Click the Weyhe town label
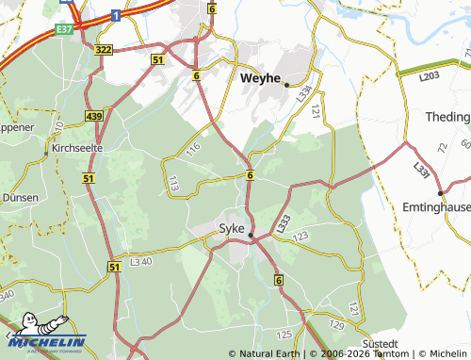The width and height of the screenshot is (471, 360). (x=262, y=78)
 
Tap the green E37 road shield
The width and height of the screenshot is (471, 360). (x=64, y=29)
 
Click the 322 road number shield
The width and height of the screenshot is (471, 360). (x=103, y=49)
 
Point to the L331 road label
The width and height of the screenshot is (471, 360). (x=420, y=170)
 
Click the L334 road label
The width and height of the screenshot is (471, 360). (x=303, y=93)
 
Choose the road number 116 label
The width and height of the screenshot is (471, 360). (x=193, y=147)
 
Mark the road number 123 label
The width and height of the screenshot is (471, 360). (x=300, y=236)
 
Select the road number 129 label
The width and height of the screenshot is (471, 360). (x=335, y=325)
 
